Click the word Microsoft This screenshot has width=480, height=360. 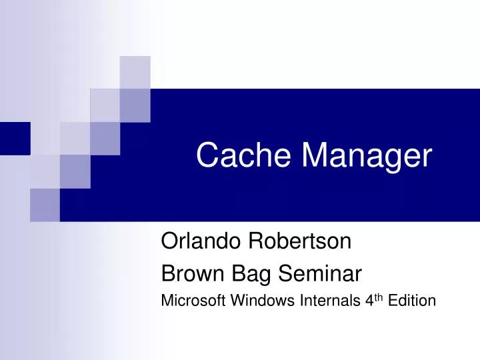pos(194,301)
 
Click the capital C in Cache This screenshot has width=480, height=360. pos(207,155)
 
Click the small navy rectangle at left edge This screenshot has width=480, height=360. pos(15,138)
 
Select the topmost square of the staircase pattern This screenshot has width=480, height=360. pos(135,72)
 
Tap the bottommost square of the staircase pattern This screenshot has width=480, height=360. pos(45,205)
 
